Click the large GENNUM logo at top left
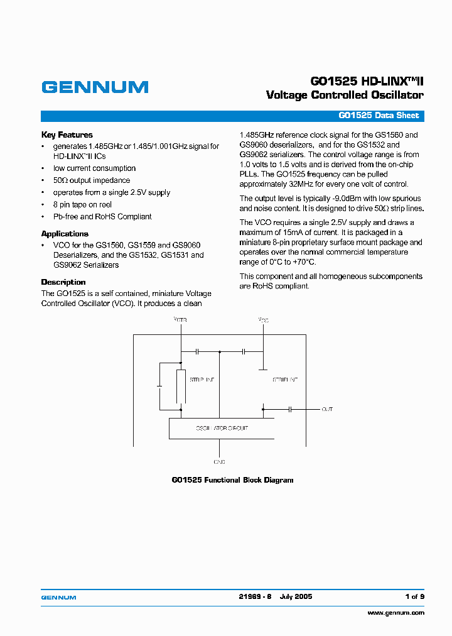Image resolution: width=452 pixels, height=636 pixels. pos(95,87)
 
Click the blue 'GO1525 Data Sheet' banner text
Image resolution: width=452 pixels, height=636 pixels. pos(379,116)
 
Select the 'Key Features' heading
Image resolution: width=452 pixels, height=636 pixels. pos(67,134)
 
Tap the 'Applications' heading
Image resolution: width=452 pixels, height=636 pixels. pos(65,234)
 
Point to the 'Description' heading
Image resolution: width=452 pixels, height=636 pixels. pos(63,282)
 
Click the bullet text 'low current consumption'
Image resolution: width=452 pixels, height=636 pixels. pos(94,168)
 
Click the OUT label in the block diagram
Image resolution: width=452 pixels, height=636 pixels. pos(327,409)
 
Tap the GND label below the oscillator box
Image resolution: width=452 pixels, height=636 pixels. pos(219,461)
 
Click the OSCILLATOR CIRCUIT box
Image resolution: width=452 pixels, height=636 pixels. pos(222,429)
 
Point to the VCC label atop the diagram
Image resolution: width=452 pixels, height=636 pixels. pos(264,320)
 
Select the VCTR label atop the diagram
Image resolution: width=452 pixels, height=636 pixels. pos(180,320)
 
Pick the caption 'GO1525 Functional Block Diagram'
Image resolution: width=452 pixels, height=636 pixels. pos(232,480)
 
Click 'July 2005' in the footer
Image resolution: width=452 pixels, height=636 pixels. pos(296,596)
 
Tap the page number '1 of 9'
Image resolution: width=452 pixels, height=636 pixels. pos(414,596)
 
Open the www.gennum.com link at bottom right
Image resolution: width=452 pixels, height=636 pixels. pos(395,613)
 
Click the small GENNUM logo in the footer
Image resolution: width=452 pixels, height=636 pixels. pos(58,597)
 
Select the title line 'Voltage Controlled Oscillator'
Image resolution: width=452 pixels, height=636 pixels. pos(345,96)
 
